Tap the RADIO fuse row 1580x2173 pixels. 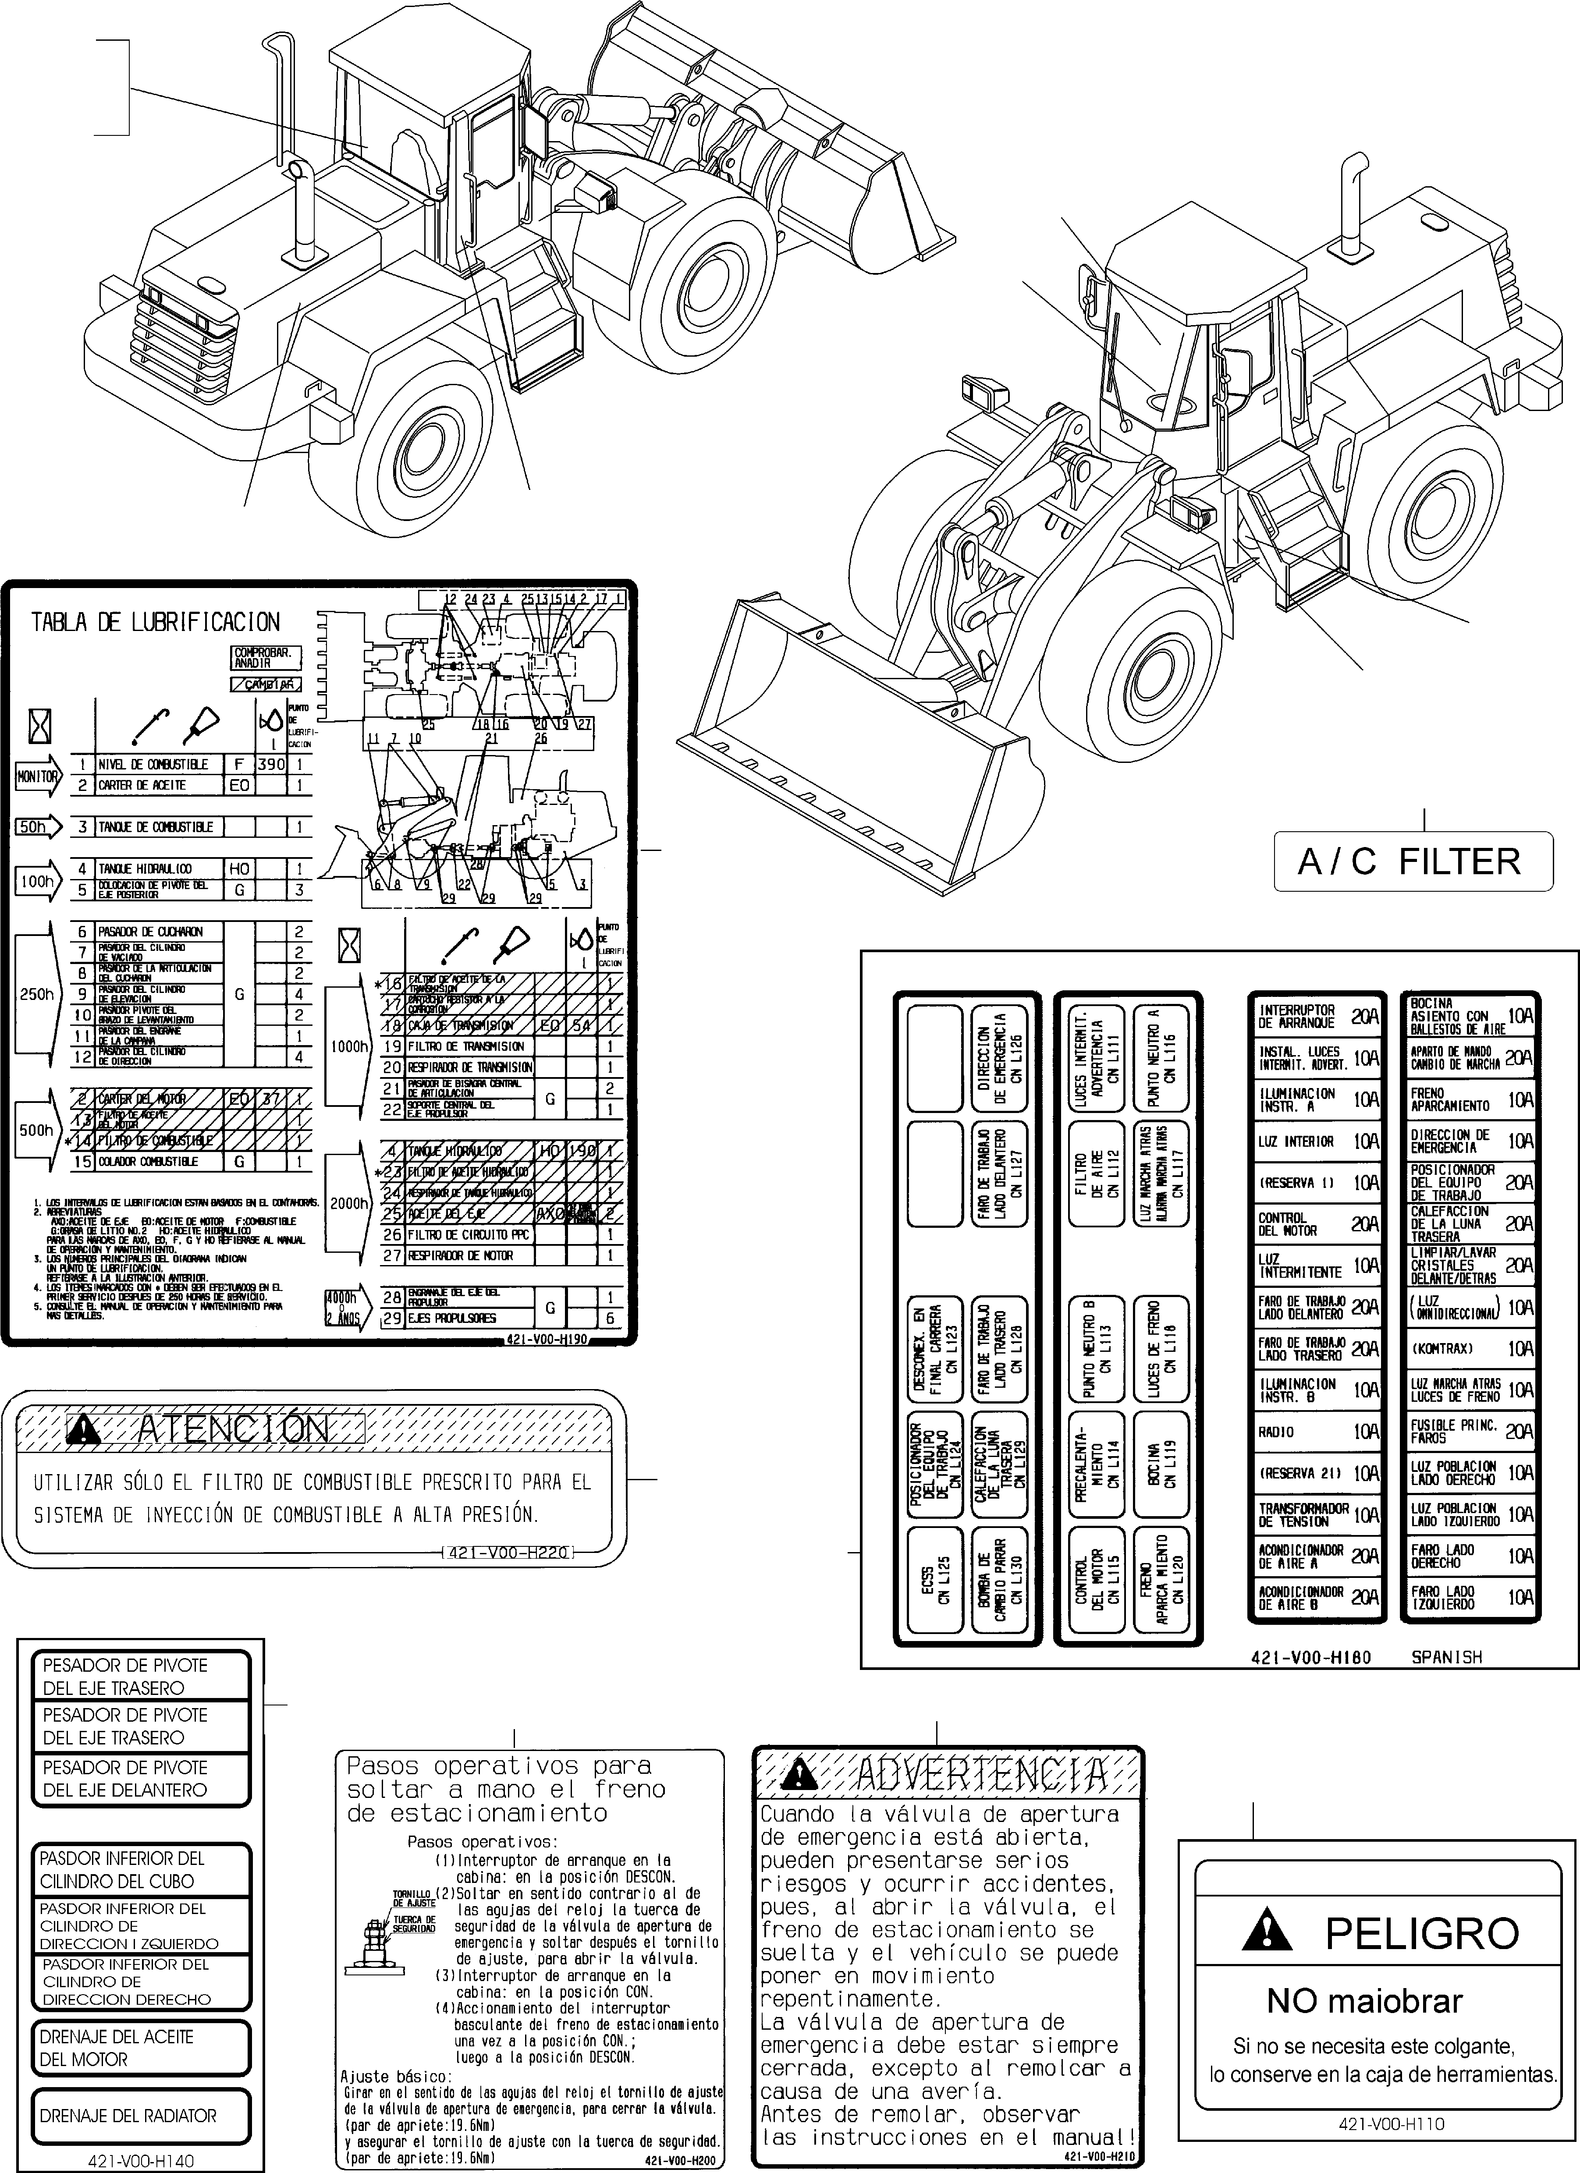pyautogui.click(x=1317, y=1432)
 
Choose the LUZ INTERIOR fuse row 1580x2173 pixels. pyautogui.click(x=1317, y=1141)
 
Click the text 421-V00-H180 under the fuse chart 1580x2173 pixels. pyautogui.click(x=1311, y=1656)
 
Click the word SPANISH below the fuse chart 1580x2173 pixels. pyautogui.click(x=1447, y=1656)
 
